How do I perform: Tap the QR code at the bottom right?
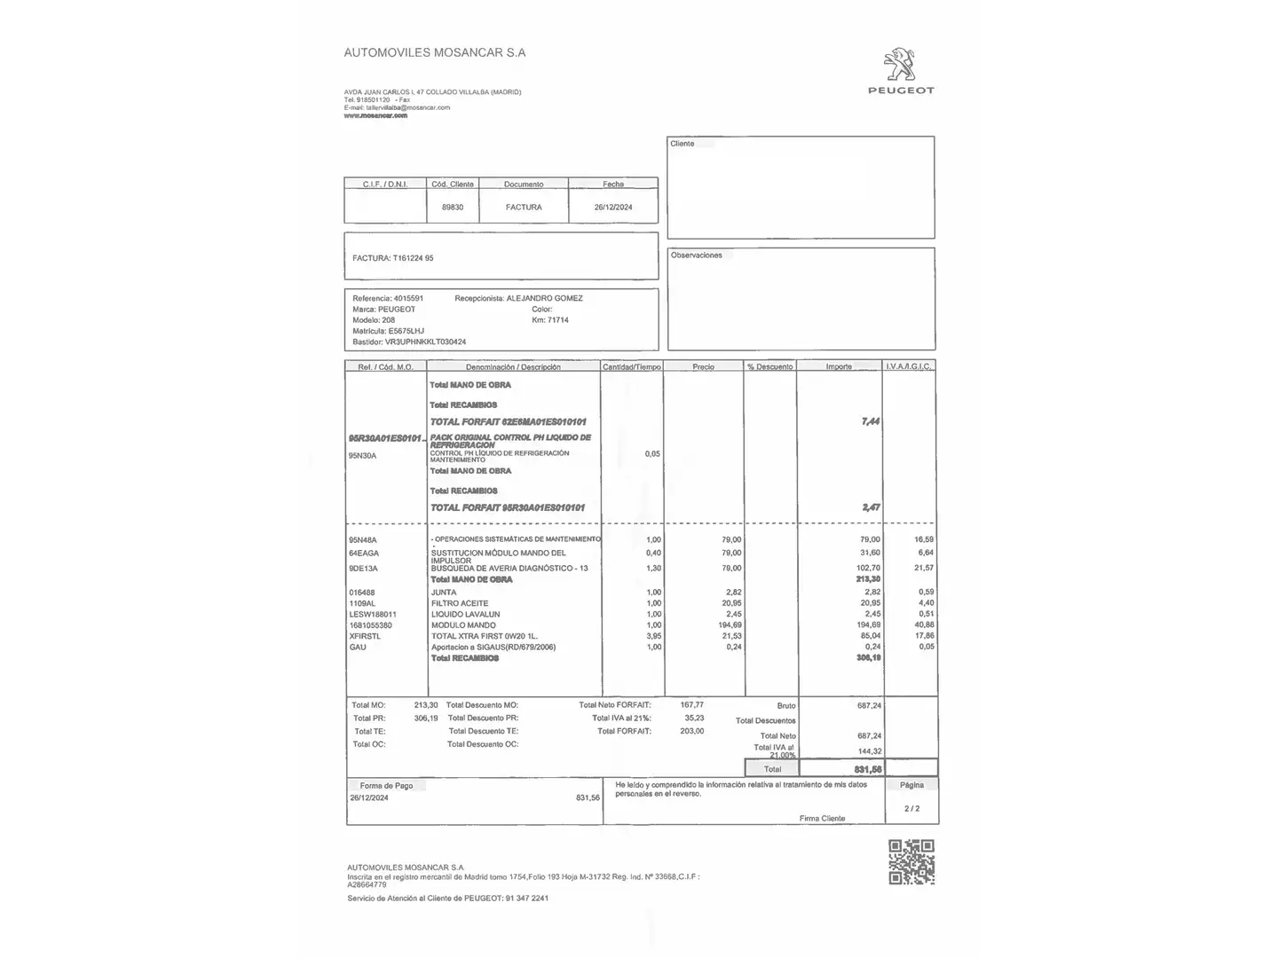911,861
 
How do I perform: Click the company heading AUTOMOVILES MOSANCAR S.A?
434,52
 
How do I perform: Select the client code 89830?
453,208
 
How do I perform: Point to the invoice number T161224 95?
413,258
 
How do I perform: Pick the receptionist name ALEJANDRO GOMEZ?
544,299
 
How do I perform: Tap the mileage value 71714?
558,320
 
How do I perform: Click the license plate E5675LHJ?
406,331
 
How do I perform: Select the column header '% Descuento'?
769,366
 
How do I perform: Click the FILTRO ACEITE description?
460,603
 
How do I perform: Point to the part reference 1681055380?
370,625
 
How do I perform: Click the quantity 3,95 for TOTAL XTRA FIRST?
653,636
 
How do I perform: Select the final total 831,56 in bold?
868,769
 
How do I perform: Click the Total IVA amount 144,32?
869,751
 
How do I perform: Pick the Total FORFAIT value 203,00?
691,731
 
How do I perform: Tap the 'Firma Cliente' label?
822,818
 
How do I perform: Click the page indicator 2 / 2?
911,808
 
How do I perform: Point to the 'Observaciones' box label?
696,255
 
